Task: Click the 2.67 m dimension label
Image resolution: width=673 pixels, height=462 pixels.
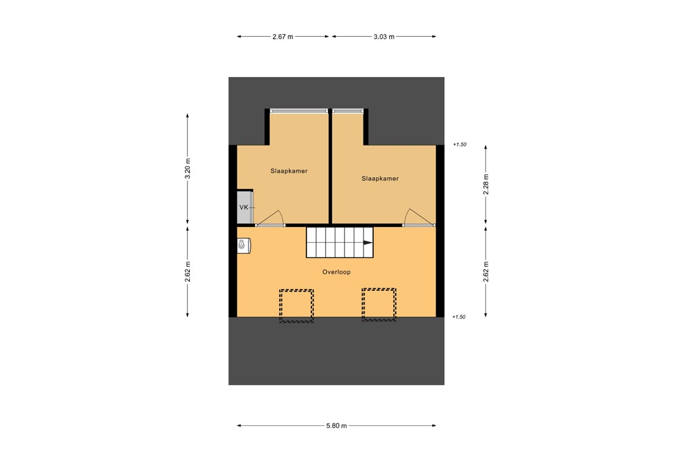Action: pos(283,37)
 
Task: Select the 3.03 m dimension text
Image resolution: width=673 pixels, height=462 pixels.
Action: pos(383,37)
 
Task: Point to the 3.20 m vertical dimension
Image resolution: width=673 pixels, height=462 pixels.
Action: pos(188,168)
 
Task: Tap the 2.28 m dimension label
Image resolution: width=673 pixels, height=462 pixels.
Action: pos(486,185)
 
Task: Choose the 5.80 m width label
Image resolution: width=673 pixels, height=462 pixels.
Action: pos(336,426)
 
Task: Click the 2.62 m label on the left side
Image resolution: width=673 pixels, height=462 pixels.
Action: pos(188,272)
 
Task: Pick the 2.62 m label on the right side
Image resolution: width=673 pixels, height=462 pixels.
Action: pos(486,272)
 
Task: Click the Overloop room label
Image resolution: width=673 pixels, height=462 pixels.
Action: pos(336,272)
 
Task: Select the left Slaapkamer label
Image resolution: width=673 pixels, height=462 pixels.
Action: pos(289,171)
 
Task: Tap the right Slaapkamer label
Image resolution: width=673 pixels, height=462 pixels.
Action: pos(380,178)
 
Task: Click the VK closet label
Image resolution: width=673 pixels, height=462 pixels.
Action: pos(244,207)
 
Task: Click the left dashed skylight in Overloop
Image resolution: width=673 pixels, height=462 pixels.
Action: pos(296,305)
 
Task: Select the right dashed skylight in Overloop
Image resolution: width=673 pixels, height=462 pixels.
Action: pos(379,305)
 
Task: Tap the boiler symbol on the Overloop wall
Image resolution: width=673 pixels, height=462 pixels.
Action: pos(244,245)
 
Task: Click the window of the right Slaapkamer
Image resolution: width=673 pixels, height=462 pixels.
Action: pos(348,111)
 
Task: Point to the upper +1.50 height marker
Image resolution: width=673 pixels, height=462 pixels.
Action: pos(459,145)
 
